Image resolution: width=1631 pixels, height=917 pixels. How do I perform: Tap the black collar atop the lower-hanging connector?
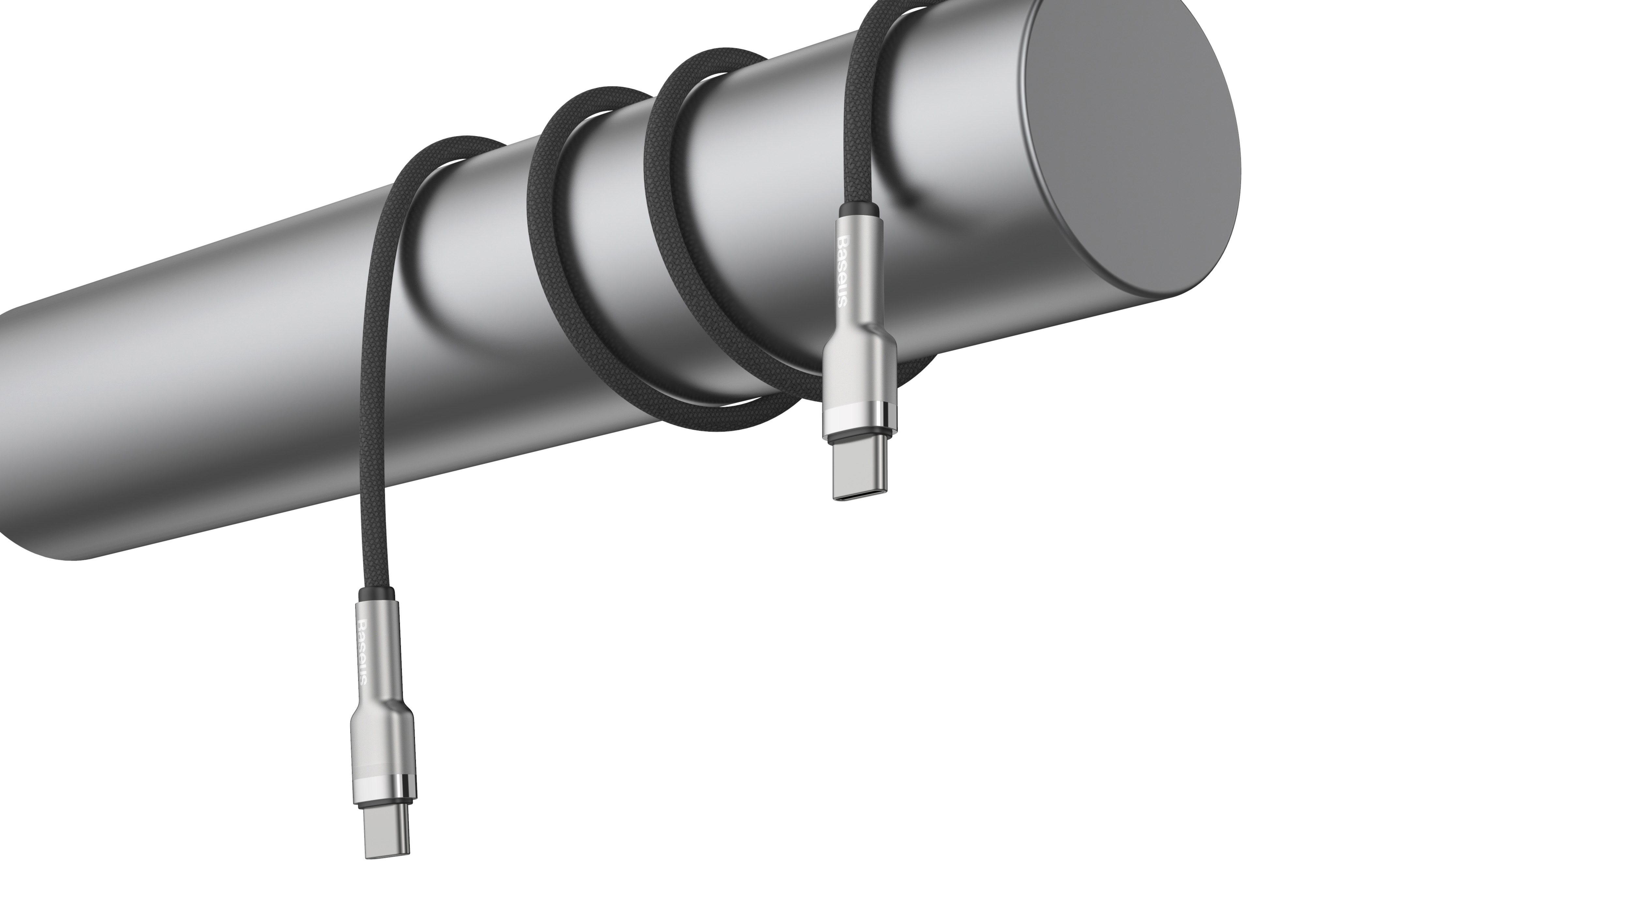[x=376, y=595]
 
